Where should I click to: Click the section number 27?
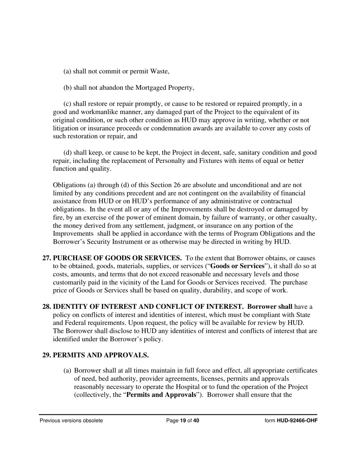tap(47, 258)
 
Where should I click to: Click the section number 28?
tap(47, 306)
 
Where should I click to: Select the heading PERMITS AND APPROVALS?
tap(100, 355)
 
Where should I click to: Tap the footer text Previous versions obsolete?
tap(71, 421)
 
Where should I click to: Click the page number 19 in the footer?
tap(183, 421)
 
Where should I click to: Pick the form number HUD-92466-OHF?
tap(297, 421)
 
